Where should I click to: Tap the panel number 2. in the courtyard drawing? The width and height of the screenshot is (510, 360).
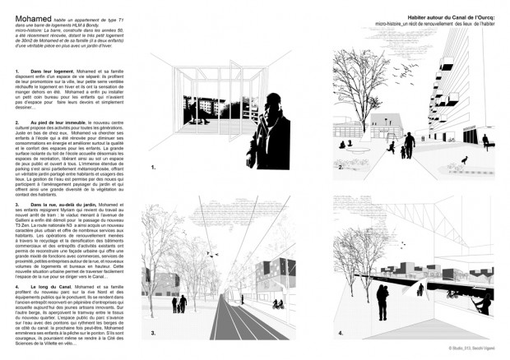(341, 167)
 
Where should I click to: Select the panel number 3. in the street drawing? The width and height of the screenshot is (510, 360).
(153, 333)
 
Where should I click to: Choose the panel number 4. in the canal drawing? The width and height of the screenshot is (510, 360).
(341, 333)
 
